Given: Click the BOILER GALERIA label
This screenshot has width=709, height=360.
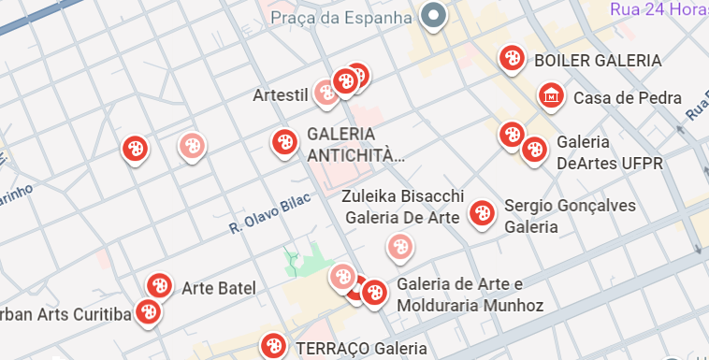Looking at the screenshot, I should click(x=597, y=61).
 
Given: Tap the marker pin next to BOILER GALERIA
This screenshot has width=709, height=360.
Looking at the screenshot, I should click(x=511, y=58).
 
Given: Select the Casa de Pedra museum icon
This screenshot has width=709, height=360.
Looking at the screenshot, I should click(x=551, y=94).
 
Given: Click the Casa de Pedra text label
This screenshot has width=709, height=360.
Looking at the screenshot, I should click(x=627, y=98).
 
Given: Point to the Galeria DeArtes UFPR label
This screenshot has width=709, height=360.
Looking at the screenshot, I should click(x=609, y=153).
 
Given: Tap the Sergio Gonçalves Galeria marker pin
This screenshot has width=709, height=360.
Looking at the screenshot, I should click(x=483, y=213).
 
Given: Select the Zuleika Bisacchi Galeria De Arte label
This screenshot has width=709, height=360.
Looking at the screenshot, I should click(x=402, y=207).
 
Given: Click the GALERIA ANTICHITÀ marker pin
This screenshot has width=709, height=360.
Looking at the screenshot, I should click(x=283, y=142).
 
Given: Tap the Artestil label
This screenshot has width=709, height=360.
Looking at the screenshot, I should click(x=281, y=95).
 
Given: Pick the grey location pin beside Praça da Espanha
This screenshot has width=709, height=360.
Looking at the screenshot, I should click(x=432, y=16).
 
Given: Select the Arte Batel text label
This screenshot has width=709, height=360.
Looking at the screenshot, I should click(x=219, y=288).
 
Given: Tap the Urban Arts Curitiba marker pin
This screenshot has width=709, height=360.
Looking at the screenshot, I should click(x=147, y=312).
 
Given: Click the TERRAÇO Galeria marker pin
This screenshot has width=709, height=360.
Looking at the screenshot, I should click(x=274, y=346).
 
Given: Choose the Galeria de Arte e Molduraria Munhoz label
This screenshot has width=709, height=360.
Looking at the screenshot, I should click(x=470, y=295).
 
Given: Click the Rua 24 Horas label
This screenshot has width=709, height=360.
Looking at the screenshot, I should click(x=658, y=9).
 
